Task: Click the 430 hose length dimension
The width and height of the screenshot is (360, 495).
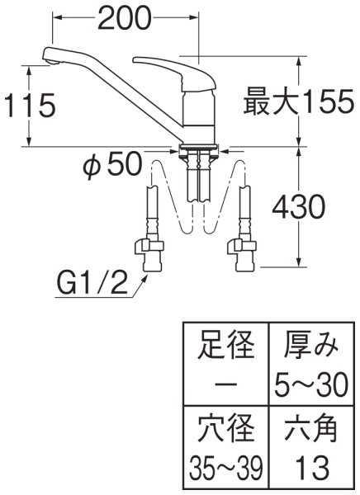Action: (306, 207)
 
